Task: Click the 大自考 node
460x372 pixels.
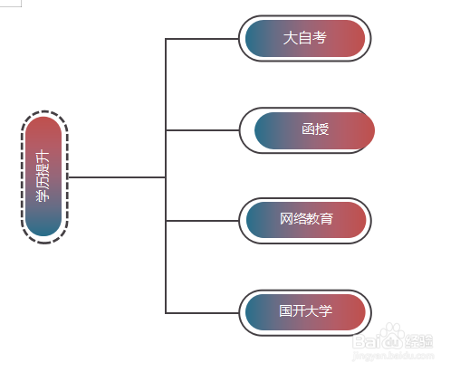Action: pos(305,38)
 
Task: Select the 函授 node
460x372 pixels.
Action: pos(314,129)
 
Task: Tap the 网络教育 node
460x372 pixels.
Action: pos(305,220)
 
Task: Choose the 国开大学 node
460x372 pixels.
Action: pos(305,311)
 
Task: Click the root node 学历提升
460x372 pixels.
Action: pos(43,177)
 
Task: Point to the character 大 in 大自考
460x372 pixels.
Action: pos(290,38)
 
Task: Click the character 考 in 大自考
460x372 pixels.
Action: pos(319,38)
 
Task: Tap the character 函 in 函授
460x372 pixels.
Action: pos(308,129)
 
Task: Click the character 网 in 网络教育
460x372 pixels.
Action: pos(285,220)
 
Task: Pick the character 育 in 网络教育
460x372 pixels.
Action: pos(327,220)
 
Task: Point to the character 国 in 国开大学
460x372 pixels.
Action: pos(285,311)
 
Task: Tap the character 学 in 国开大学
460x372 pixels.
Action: pos(326,311)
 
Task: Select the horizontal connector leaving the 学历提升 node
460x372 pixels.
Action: pos(116,177)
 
